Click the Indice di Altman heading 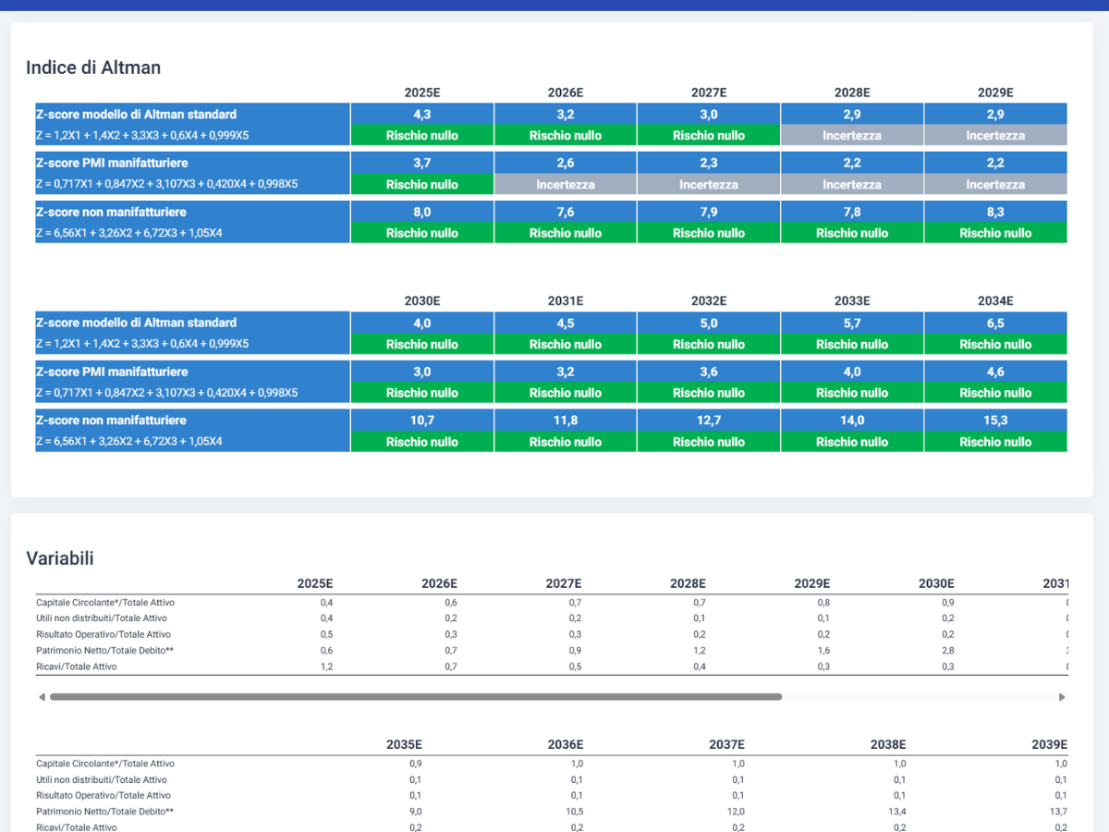click(93, 67)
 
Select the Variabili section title click(60, 558)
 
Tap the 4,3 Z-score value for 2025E click(421, 114)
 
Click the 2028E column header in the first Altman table click(852, 92)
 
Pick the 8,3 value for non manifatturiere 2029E click(995, 212)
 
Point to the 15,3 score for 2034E click(995, 421)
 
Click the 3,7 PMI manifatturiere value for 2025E click(421, 163)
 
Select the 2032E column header click(709, 301)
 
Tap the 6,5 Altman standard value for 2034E click(995, 324)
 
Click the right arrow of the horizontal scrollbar click(1062, 697)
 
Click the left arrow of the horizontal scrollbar click(42, 697)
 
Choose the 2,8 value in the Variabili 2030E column click(948, 650)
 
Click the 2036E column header click(566, 744)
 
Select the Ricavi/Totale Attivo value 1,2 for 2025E click(326, 667)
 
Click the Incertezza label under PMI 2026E click(566, 184)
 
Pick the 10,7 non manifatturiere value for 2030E click(421, 421)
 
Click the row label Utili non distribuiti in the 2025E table click(101, 618)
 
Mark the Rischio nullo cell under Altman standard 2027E click(708, 135)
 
